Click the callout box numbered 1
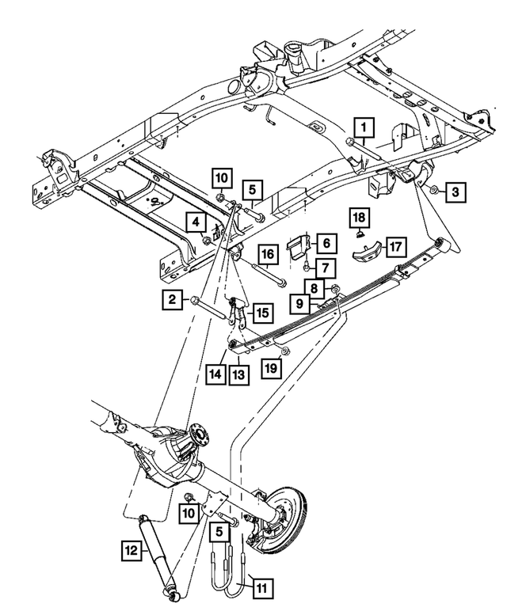(364, 127)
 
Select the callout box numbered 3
(456, 190)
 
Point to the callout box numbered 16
(268, 254)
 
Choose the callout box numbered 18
(360, 217)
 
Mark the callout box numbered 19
(271, 368)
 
